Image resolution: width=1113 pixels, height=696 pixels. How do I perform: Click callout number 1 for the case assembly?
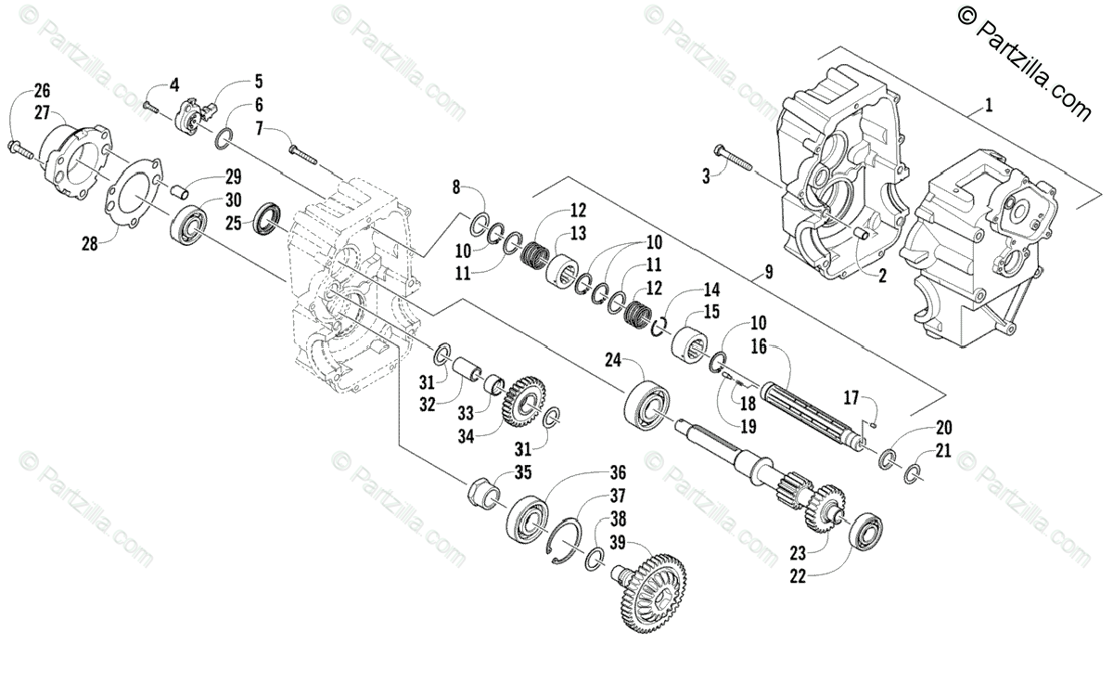pyautogui.click(x=988, y=106)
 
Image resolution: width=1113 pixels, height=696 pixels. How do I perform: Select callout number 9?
pyautogui.click(x=768, y=273)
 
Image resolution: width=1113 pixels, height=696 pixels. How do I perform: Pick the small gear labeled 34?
pyautogui.click(x=527, y=399)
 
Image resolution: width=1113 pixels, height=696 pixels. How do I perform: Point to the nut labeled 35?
pyautogui.click(x=482, y=487)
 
